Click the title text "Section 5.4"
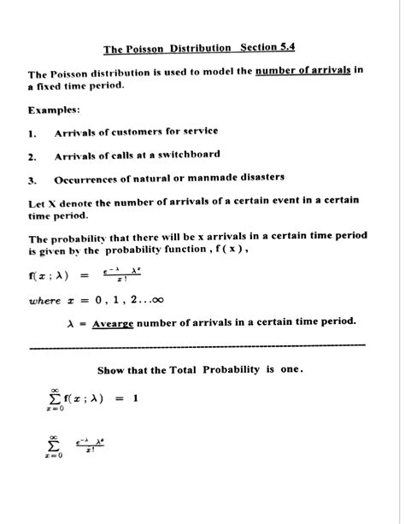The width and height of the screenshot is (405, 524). (268, 49)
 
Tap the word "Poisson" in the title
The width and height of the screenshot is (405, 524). (150, 50)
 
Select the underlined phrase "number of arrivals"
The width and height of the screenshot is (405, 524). (302, 71)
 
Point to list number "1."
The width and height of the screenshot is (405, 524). (32, 133)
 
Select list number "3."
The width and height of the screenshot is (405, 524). (32, 180)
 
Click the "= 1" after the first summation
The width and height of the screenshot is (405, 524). (127, 397)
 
